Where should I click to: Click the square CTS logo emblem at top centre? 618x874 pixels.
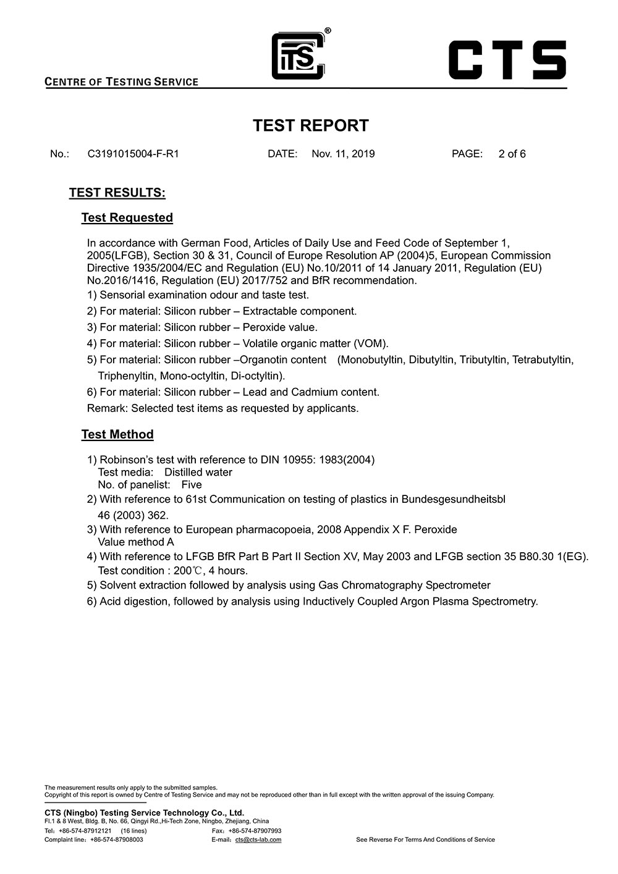coord(298,56)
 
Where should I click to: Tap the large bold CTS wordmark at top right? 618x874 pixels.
coord(507,60)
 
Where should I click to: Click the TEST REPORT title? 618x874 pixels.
coord(310,125)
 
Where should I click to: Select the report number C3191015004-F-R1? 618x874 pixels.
coord(133,154)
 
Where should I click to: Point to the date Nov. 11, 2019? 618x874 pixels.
coord(343,154)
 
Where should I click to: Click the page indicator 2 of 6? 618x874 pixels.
coord(512,154)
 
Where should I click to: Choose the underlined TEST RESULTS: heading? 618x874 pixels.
coord(117,193)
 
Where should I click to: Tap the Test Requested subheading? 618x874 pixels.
coord(127,217)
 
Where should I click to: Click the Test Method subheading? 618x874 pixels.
coord(117,434)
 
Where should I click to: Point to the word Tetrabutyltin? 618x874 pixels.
coord(543,359)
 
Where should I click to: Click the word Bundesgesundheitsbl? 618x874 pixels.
coord(453,499)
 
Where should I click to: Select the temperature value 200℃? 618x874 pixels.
coord(188,571)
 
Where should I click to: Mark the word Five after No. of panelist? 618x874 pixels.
coord(192,485)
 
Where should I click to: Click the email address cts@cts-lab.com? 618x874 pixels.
coord(258,839)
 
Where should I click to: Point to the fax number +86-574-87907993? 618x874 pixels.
coord(255,831)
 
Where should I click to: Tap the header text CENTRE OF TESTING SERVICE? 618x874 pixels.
coord(122,82)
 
